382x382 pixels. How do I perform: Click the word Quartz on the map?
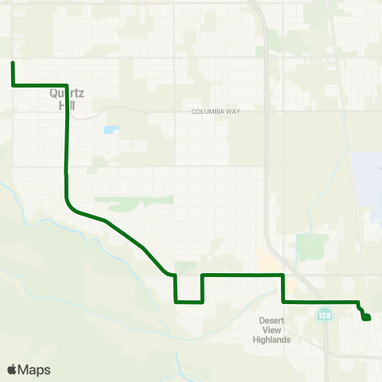tap(66, 92)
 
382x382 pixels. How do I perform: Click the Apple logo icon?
tap(13, 369)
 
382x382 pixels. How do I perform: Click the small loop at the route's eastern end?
tap(365, 317)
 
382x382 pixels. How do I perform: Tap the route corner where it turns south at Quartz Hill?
tap(66, 85)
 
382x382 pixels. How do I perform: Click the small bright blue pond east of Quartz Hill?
tap(109, 130)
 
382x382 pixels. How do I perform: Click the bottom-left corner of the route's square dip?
tap(174, 302)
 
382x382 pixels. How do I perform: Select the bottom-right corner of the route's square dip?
tap(202, 302)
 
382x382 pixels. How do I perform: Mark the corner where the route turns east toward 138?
tap(283, 302)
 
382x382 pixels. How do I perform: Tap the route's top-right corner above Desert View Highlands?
tap(283, 275)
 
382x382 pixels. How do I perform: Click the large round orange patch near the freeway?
tap(264, 260)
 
